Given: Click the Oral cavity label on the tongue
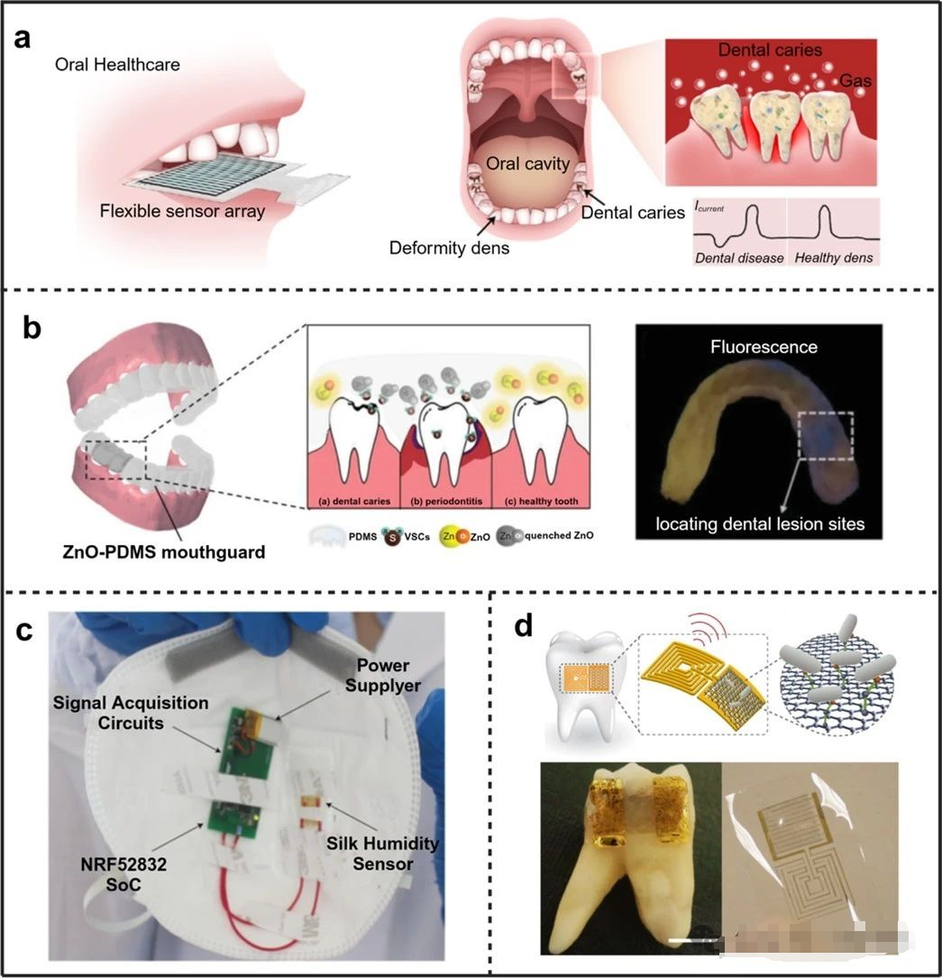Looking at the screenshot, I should click(528, 164).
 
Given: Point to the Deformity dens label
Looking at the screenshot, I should click(449, 247).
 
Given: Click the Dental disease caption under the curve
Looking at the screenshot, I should click(738, 258).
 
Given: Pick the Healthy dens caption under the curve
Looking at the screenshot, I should click(834, 258).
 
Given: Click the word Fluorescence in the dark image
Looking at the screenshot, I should click(773, 346).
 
